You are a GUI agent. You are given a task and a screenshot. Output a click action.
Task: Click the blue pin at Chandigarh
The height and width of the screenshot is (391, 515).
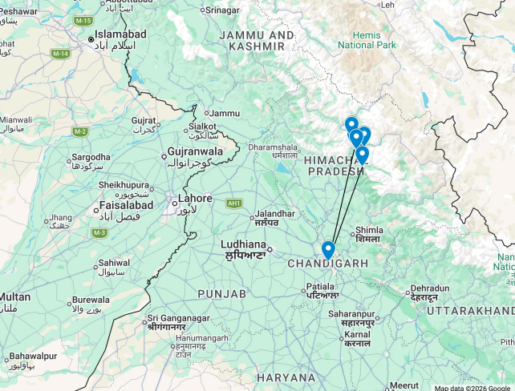click(x=327, y=250)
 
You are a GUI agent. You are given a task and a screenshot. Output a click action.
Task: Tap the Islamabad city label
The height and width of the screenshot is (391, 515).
click(x=120, y=35)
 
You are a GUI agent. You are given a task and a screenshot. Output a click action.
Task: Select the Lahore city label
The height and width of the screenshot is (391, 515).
click(x=195, y=199)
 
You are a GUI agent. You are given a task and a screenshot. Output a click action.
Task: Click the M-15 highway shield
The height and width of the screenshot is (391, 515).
click(x=81, y=19)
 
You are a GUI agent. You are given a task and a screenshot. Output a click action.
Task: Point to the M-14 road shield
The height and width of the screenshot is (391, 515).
click(x=60, y=54)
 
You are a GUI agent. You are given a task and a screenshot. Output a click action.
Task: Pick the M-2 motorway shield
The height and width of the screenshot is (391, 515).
click(x=79, y=131)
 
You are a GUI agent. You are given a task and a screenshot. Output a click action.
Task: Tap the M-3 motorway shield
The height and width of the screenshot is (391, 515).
click(x=99, y=232)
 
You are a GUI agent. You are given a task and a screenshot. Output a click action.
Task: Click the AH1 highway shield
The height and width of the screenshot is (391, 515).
click(x=234, y=204)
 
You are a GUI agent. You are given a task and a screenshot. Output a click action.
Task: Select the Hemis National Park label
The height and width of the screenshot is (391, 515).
click(x=367, y=40)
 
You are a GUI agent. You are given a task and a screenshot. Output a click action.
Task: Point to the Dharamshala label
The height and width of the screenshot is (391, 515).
click(x=273, y=147)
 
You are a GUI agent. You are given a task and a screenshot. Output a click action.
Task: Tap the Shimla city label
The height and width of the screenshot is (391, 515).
click(x=368, y=230)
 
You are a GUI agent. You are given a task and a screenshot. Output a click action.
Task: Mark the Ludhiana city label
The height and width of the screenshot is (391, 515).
click(x=243, y=244)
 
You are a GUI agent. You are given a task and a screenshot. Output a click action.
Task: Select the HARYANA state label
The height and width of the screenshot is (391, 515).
click(x=286, y=377)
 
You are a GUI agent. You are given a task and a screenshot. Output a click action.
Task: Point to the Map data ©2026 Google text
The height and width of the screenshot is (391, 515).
click(x=472, y=387)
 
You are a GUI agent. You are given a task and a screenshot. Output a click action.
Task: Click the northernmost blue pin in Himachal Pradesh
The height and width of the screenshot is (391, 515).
click(x=351, y=125)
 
